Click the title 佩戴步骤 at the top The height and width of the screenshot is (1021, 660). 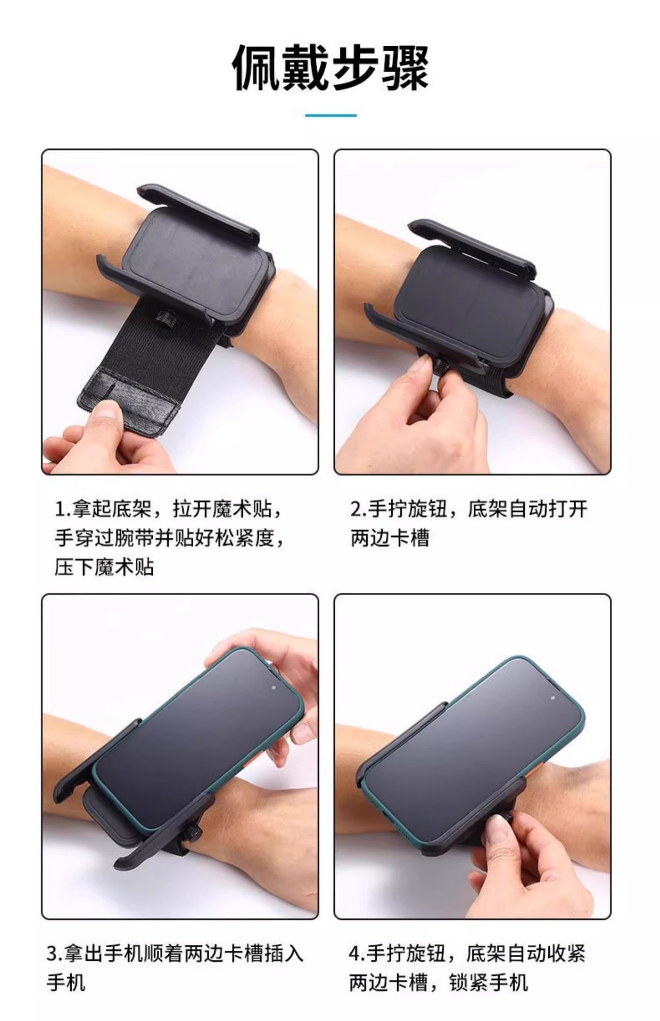(330, 68)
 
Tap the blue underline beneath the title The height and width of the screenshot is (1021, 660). (331, 115)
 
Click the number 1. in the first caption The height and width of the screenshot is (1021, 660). (63, 510)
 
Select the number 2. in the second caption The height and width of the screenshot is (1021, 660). (358, 509)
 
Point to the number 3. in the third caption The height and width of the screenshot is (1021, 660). (55, 953)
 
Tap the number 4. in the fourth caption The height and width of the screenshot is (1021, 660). (358, 953)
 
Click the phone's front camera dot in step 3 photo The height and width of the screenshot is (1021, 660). (273, 687)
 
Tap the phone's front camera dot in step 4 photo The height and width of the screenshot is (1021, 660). (553, 697)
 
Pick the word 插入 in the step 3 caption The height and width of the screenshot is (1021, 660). (284, 953)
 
